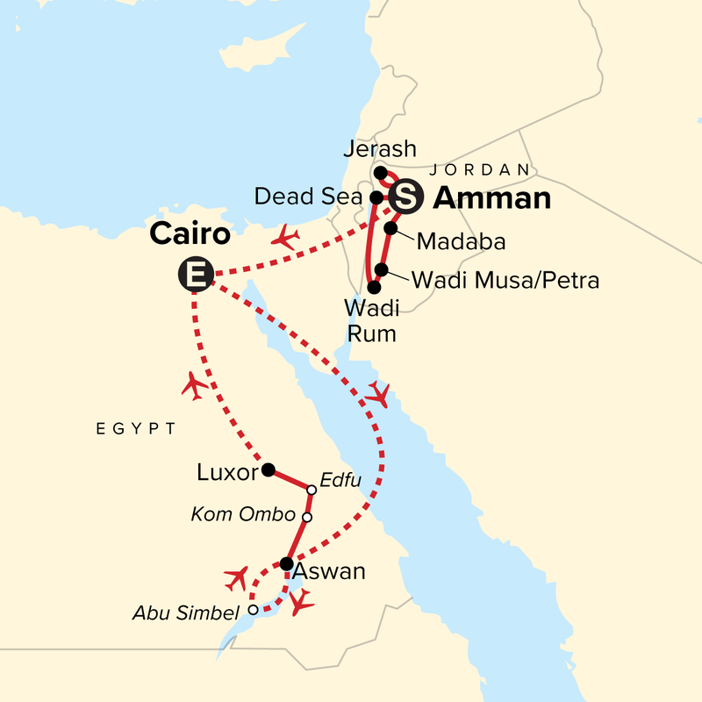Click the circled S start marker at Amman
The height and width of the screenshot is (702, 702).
click(x=405, y=197)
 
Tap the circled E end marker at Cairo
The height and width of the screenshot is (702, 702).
click(x=195, y=275)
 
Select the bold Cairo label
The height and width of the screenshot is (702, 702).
click(x=190, y=234)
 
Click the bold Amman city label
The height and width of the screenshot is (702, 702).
click(x=492, y=199)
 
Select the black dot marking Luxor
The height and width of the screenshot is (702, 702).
click(x=268, y=469)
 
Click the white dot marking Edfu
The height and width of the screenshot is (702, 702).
click(x=311, y=490)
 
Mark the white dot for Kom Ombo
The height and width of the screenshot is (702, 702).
click(x=306, y=517)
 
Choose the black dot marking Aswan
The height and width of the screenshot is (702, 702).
click(x=286, y=563)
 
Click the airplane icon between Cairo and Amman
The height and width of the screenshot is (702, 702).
click(x=286, y=237)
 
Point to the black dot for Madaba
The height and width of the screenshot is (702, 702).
click(x=390, y=229)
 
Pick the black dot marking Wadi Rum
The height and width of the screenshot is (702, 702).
click(x=375, y=287)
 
